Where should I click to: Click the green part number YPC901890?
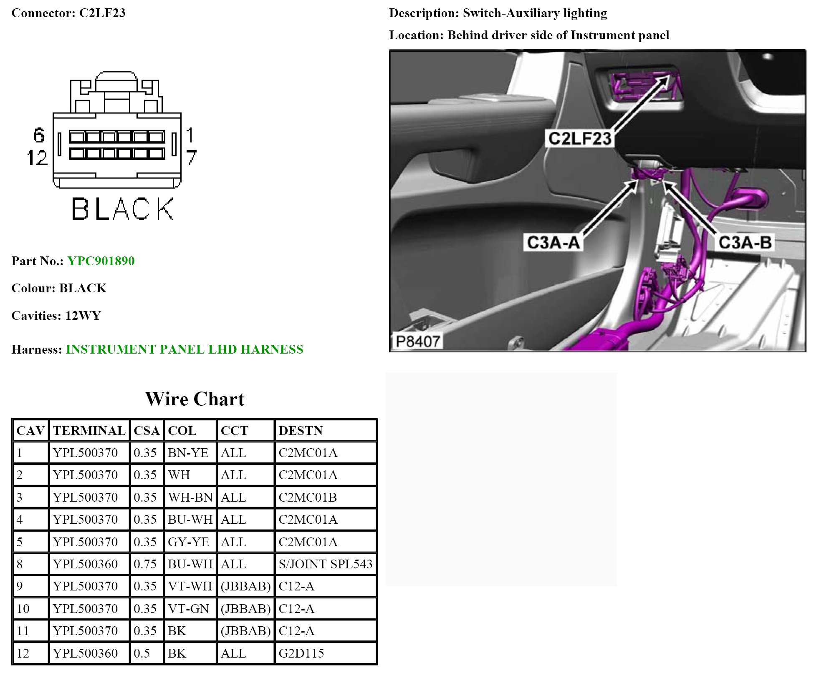[x=101, y=261]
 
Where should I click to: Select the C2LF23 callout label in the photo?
[x=579, y=138]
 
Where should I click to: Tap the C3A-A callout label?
[x=553, y=242]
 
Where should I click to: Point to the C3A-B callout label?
[x=745, y=242]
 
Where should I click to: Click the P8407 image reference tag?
[x=417, y=342]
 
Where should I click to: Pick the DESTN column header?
[x=301, y=430]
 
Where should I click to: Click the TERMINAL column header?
[x=89, y=430]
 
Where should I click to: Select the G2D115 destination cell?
[x=301, y=653]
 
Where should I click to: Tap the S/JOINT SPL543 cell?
[x=325, y=564]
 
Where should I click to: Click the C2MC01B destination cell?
[x=308, y=497]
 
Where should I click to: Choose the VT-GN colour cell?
[x=188, y=608]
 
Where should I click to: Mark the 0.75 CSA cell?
[x=145, y=564]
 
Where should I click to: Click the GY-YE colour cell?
[x=188, y=542]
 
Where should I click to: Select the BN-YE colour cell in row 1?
[x=188, y=452]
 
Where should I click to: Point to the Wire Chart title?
[x=195, y=399]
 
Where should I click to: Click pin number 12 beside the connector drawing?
[x=37, y=158]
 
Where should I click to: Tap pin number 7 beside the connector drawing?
[x=191, y=157]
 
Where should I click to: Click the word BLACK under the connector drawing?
[x=123, y=209]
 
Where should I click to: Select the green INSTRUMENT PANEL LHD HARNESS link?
[x=185, y=349]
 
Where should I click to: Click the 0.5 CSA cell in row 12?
[x=142, y=653]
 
